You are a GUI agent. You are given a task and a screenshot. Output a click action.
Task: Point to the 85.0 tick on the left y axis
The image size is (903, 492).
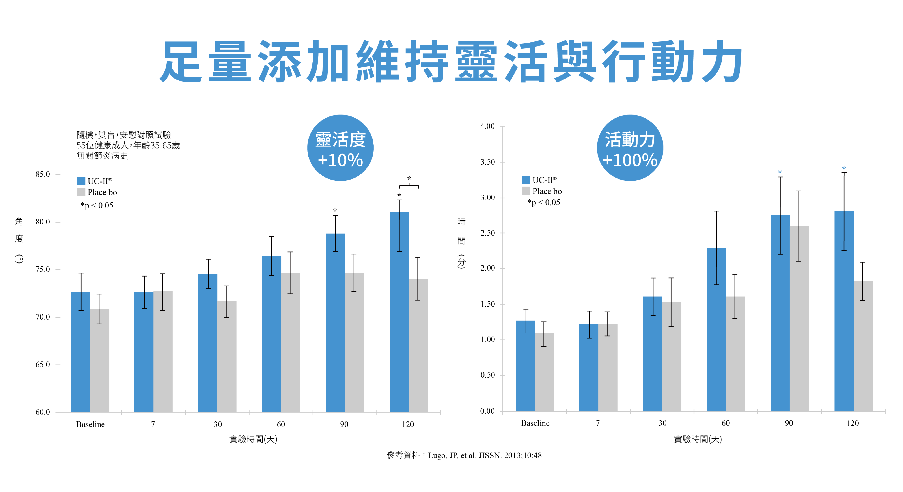click(43, 174)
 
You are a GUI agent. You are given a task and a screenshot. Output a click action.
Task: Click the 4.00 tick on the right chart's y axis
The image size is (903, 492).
click(487, 126)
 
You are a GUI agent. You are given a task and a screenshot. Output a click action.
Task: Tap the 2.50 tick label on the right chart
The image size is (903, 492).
click(487, 233)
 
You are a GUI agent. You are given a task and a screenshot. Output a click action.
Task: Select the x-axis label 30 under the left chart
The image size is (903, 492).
click(218, 424)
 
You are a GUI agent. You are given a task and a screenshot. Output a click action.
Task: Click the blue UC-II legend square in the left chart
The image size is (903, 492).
click(81, 181)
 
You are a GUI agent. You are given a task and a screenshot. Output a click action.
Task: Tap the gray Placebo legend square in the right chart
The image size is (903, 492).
click(526, 191)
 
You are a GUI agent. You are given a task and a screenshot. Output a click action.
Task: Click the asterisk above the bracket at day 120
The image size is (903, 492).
click(409, 178)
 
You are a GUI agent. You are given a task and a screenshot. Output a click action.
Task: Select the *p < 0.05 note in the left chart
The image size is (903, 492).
click(97, 206)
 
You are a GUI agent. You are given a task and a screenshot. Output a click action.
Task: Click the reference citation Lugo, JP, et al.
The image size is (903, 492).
click(485, 456)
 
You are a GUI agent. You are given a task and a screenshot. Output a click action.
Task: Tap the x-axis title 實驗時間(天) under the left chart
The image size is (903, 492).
click(253, 439)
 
